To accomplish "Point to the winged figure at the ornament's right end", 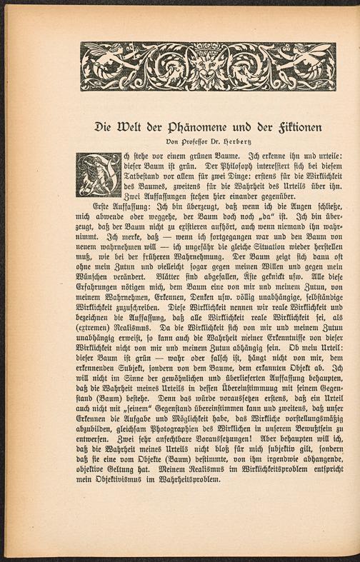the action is (x=312, y=65).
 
